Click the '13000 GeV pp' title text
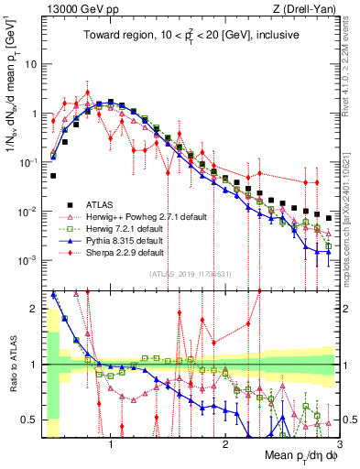click(x=80, y=9)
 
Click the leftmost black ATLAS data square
click(x=53, y=175)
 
